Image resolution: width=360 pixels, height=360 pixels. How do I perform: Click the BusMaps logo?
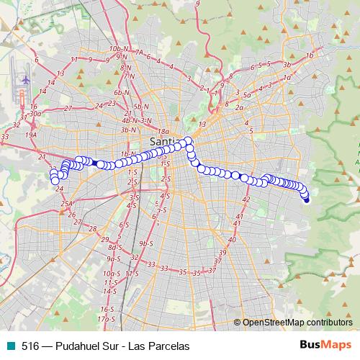pyautogui.click(x=325, y=346)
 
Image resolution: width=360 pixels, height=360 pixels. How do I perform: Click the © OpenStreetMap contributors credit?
pyautogui.click(x=297, y=323)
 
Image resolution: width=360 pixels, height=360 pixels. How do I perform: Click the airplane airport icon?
pyautogui.click(x=26, y=79)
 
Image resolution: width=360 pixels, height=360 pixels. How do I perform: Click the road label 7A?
pyautogui.click(x=139, y=53)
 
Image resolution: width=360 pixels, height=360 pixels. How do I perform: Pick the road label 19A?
pyautogui.click(x=30, y=134)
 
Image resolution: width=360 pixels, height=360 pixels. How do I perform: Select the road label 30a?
pyautogui.click(x=35, y=114)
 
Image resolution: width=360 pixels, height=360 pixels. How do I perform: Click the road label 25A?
pyautogui.click(x=67, y=204)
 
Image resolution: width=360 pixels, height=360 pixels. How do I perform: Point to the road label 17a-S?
pyautogui.click(x=106, y=318)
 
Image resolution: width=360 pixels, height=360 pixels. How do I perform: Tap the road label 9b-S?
pyautogui.click(x=148, y=244)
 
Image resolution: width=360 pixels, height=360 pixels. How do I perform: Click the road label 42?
pyautogui.click(x=246, y=199)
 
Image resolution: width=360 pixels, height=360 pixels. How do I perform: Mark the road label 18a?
pyautogui.click(x=164, y=132)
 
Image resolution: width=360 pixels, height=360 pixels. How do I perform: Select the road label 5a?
pyautogui.click(x=246, y=95)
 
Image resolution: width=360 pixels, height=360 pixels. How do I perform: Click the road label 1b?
pyautogui.click(x=310, y=55)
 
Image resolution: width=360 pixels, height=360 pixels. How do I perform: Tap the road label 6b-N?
pyautogui.click(x=120, y=93)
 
